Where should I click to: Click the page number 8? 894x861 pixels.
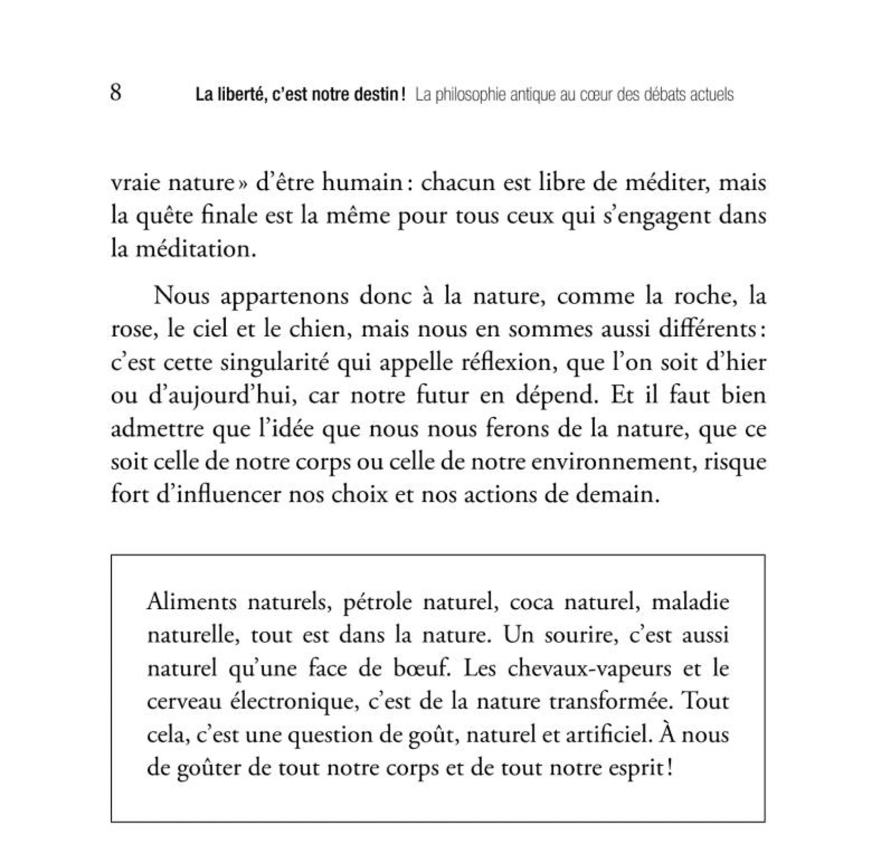coord(116,93)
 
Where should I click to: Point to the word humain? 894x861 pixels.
coord(361,183)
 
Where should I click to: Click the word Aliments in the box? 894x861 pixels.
coord(192,602)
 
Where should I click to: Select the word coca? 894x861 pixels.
coord(531,603)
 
